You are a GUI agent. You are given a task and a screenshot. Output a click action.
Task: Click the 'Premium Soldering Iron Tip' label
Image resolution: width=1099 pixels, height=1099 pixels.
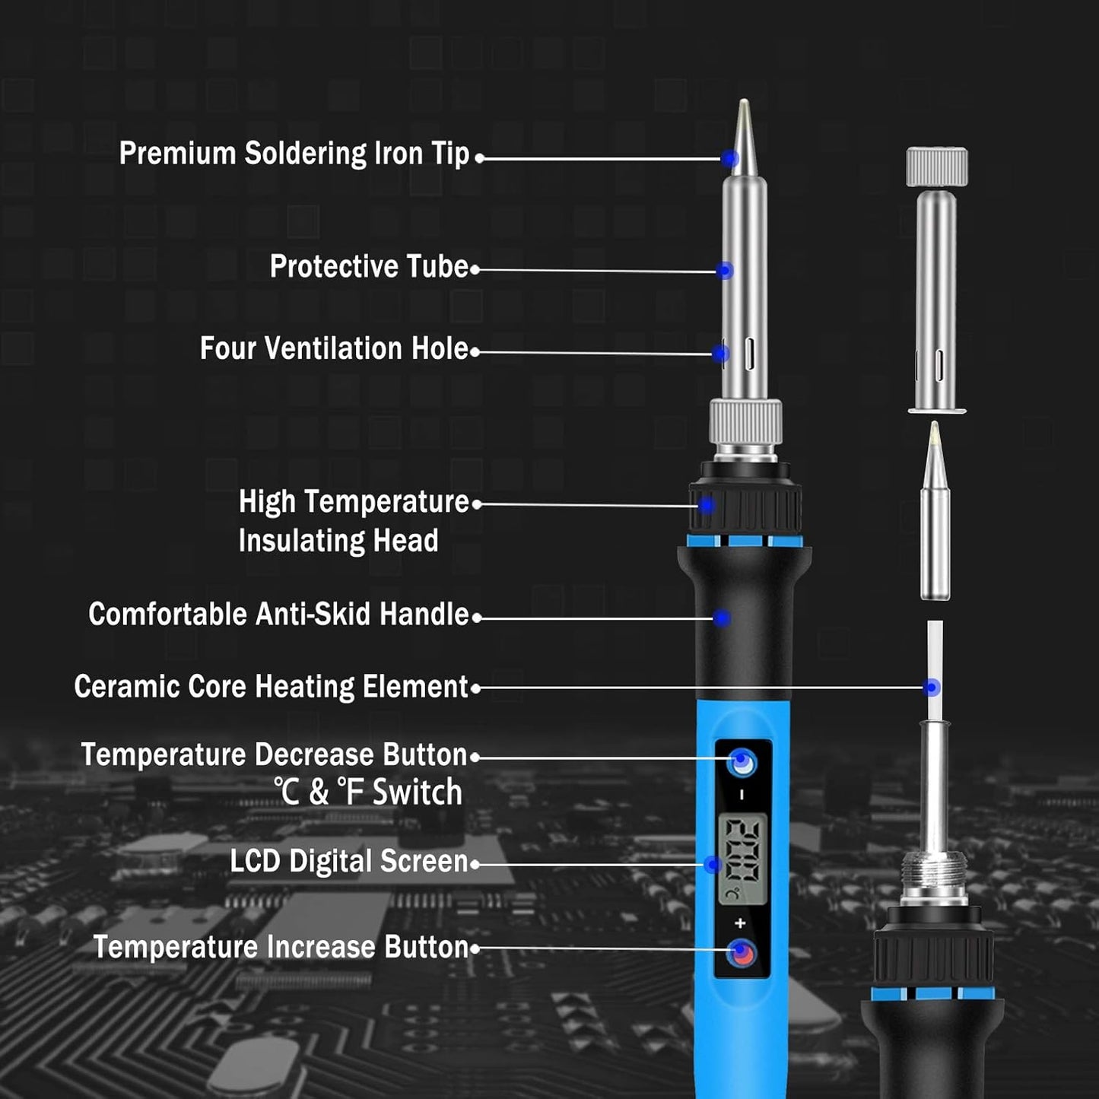click(x=294, y=154)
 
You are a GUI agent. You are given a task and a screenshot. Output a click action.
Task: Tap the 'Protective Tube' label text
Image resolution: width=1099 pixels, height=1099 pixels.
click(x=369, y=267)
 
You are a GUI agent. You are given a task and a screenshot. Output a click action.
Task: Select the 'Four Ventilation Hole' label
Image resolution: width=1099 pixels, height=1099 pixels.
click(x=334, y=349)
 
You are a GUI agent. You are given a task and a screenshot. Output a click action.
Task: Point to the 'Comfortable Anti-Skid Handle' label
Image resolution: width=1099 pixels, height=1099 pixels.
click(x=278, y=615)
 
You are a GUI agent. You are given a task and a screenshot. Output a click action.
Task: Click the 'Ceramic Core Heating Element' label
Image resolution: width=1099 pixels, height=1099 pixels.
click(x=271, y=687)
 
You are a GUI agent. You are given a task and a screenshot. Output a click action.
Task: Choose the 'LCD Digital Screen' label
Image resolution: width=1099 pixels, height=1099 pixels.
click(x=348, y=862)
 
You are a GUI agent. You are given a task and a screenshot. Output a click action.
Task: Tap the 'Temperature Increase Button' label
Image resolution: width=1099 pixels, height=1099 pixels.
click(x=281, y=948)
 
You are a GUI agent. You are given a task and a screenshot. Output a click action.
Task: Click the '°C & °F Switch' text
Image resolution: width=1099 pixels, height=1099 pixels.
click(x=368, y=792)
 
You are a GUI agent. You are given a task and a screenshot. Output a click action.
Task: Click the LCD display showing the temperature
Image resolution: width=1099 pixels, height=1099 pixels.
click(x=742, y=859)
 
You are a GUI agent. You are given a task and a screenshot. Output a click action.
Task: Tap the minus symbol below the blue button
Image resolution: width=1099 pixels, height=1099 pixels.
click(x=742, y=795)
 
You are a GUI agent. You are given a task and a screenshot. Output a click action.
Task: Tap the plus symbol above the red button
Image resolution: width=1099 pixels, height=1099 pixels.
click(x=741, y=923)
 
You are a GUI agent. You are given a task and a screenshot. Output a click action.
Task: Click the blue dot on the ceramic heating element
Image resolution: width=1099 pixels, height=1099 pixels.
click(x=932, y=688)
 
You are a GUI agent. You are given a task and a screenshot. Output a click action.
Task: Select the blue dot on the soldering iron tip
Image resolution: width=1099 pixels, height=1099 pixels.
click(x=730, y=158)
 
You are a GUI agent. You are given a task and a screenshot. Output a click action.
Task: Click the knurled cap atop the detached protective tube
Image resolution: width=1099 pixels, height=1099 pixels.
click(x=936, y=167)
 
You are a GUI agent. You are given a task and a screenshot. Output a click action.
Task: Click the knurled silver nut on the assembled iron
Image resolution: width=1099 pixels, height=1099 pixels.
click(x=745, y=422)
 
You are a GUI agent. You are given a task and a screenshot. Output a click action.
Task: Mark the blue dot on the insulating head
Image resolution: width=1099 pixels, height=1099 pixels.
click(x=707, y=505)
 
